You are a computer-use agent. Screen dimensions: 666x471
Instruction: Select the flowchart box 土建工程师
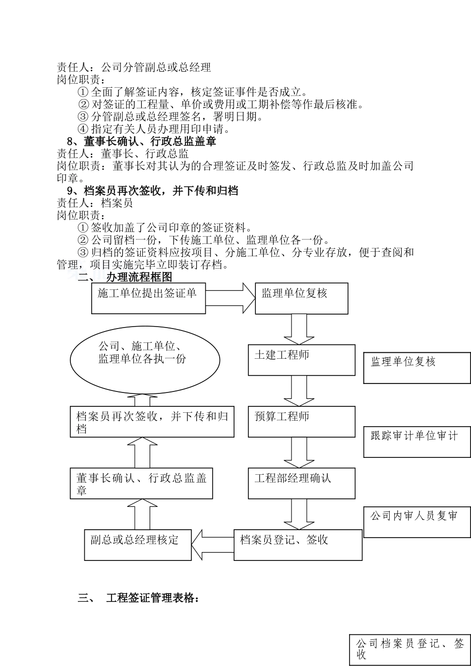point(301,360)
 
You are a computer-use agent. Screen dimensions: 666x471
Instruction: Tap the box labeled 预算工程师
point(301,422)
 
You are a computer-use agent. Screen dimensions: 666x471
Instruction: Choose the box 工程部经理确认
point(301,483)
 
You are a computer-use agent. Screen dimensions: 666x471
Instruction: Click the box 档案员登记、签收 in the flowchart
point(298,545)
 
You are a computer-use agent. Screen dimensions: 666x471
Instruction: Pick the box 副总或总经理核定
point(138,545)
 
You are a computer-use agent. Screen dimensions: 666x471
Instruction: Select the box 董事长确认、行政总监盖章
point(141,484)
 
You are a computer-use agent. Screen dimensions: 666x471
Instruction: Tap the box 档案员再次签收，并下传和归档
point(152,422)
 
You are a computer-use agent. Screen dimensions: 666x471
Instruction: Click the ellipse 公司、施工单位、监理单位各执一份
point(145,358)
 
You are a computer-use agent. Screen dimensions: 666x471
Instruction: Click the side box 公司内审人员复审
point(417,522)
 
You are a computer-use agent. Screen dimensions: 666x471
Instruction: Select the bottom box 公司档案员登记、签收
point(410,650)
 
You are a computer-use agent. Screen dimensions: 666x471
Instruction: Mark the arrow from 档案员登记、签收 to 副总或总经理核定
point(212,545)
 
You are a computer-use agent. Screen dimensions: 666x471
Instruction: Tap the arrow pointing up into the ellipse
point(142,400)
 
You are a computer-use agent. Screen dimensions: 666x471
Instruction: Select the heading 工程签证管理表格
point(152,598)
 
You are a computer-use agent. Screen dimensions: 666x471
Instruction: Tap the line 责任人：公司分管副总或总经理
point(134,67)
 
